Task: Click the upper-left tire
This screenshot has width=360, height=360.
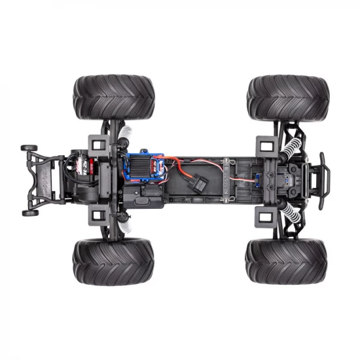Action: pyautogui.click(x=113, y=96)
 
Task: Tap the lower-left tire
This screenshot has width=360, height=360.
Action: pyautogui.click(x=113, y=261)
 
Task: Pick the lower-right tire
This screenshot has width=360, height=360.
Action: pyautogui.click(x=287, y=261)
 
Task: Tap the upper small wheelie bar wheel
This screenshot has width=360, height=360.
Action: pyautogui.click(x=28, y=148)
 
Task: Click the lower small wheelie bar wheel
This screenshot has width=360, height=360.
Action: pyautogui.click(x=29, y=212)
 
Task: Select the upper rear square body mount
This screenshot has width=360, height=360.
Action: pyautogui.click(x=96, y=143)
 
